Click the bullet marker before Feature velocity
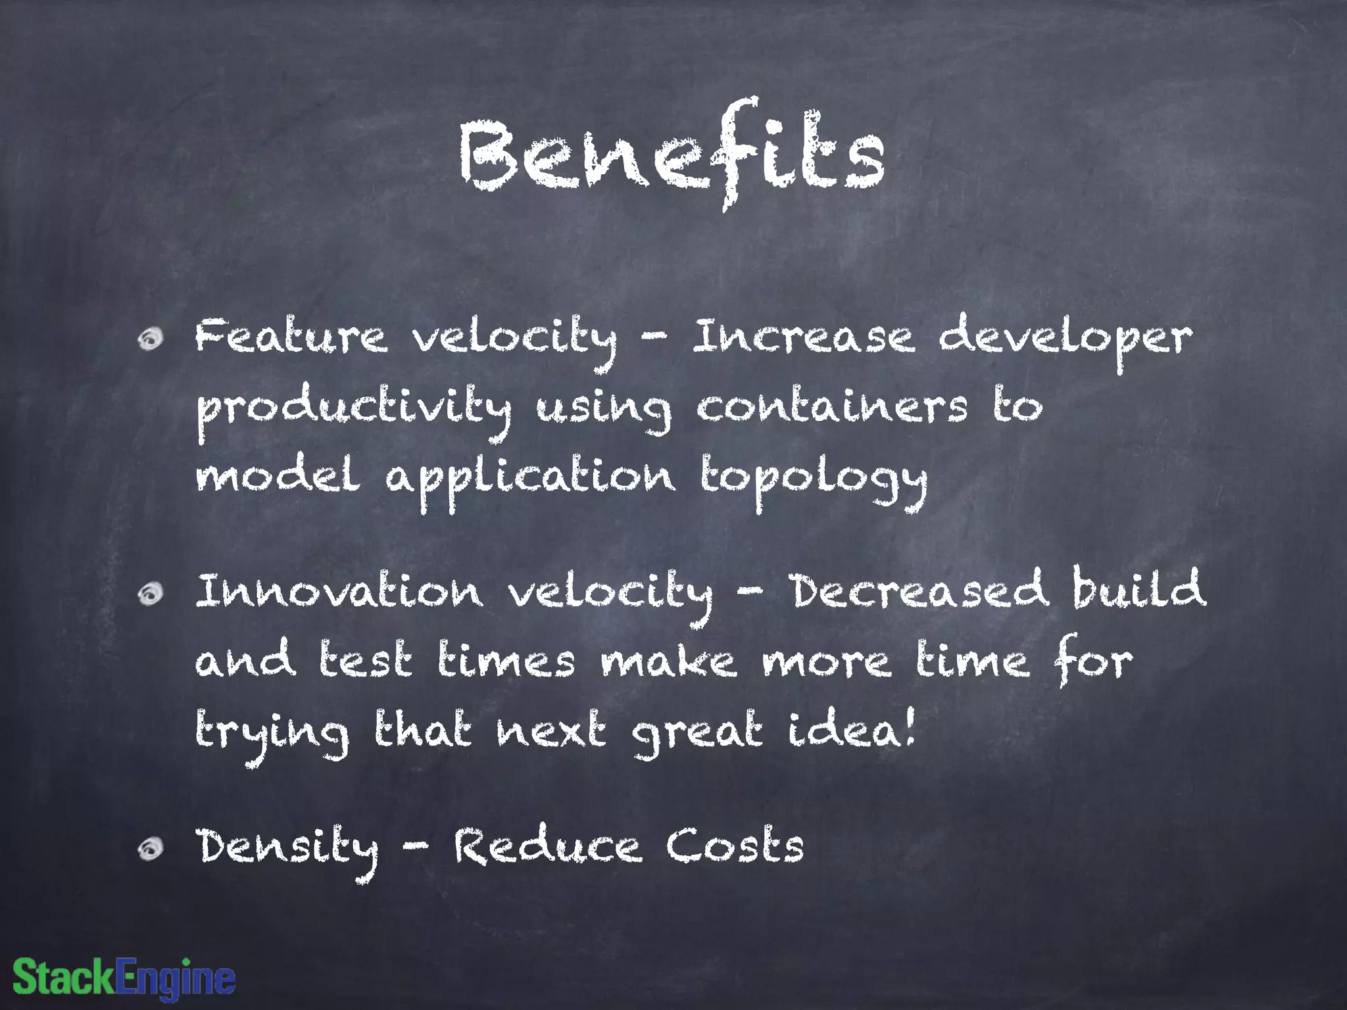(x=151, y=339)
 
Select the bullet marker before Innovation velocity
(x=151, y=594)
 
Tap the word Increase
(x=803, y=337)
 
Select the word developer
(x=1065, y=339)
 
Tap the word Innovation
(x=339, y=591)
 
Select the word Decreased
(x=919, y=590)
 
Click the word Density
(x=287, y=848)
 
